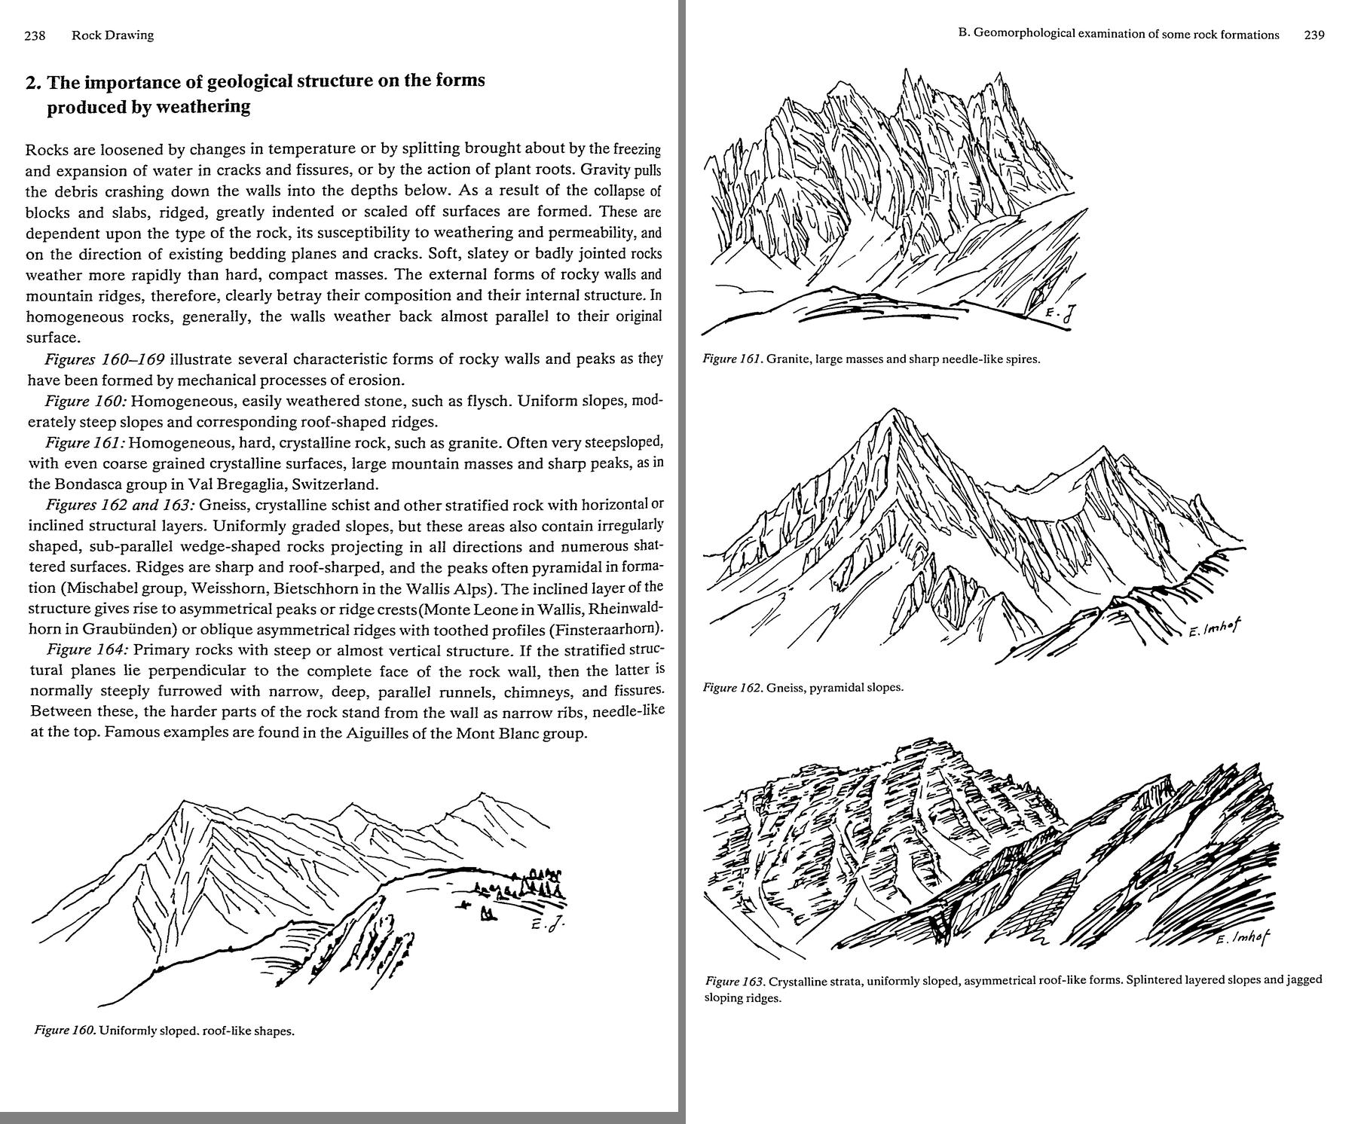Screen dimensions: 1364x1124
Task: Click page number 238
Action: pyautogui.click(x=35, y=35)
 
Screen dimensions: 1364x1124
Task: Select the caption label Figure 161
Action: pyautogui.click(x=732, y=359)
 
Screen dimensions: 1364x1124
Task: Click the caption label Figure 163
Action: pyautogui.click(x=736, y=981)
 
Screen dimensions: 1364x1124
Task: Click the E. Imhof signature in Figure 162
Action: pyautogui.click(x=1214, y=628)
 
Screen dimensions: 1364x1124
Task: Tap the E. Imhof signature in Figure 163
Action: pyautogui.click(x=1243, y=938)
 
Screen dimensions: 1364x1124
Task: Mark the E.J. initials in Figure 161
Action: pyautogui.click(x=1058, y=315)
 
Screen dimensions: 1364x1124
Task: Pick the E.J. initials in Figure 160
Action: pyautogui.click(x=546, y=926)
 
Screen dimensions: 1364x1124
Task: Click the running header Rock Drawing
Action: pyautogui.click(x=112, y=35)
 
